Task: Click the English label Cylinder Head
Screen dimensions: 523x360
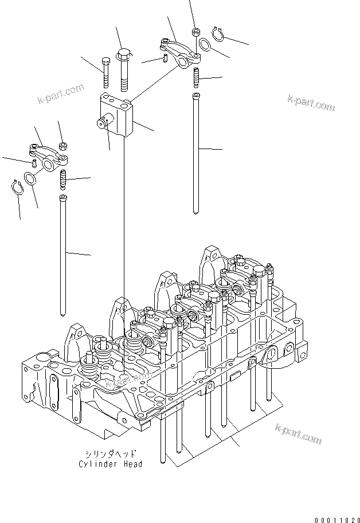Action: point(111,464)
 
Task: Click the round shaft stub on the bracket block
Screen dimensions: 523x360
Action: point(104,122)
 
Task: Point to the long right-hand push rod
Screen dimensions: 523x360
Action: point(197,152)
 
